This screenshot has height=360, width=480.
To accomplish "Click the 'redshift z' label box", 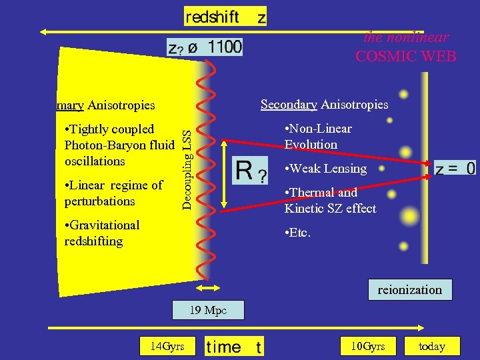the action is tap(225, 17).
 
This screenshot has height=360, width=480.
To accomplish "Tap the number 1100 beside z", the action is tap(225, 47).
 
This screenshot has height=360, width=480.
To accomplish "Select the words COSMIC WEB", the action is tap(406, 56).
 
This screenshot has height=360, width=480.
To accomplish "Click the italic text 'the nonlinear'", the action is tap(406, 37).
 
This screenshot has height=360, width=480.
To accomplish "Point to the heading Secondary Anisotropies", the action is tap(324, 104).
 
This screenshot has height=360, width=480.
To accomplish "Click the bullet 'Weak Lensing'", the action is tap(325, 169).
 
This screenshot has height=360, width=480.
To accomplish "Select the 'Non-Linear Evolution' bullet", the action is tap(317, 136).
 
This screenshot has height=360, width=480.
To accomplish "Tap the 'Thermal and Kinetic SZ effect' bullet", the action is tap(329, 200).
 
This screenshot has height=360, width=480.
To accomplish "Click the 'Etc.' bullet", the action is tap(297, 233).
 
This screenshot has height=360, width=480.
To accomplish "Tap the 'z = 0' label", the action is tap(455, 168).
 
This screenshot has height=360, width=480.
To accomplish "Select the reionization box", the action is tap(409, 290).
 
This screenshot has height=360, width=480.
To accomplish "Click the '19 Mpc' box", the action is tap(208, 310).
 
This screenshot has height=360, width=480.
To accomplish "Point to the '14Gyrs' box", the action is tap(163, 346).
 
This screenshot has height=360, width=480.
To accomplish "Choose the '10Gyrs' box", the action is tap(368, 346).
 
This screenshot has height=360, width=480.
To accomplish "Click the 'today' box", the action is tap(431, 346).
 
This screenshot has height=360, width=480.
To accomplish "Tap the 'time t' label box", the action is tap(234, 346).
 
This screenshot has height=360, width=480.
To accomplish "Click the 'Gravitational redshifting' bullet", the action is tap(101, 233).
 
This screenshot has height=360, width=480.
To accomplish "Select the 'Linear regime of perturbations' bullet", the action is tap(113, 193).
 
